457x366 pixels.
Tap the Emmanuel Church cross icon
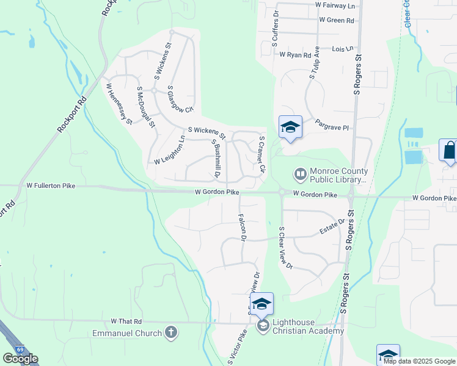coord(171,332)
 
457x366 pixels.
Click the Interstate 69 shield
coord(20,349)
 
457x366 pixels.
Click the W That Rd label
coord(126,321)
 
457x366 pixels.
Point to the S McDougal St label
coord(145,107)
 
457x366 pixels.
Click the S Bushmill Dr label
coord(216,159)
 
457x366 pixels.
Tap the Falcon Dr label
coord(241,226)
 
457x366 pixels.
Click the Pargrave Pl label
coord(332,127)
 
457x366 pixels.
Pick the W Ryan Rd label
coord(296,55)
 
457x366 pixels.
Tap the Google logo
coord(20,359)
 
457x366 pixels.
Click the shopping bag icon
coord(449,150)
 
